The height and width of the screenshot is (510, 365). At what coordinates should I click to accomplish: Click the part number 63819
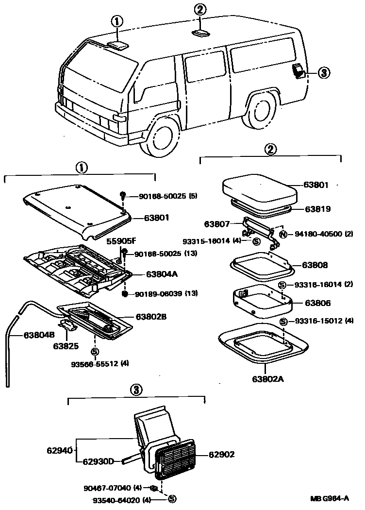[317, 209]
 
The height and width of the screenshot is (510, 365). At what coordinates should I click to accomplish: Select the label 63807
[216, 224]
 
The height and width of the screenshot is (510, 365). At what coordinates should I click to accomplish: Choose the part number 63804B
[26, 334]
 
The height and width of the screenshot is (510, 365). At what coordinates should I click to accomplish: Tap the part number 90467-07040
[111, 488]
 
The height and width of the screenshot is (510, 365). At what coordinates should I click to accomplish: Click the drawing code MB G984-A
[330, 498]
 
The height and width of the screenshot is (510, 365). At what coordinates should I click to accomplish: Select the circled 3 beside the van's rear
[324, 73]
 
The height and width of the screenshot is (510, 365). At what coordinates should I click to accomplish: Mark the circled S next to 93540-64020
[172, 498]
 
